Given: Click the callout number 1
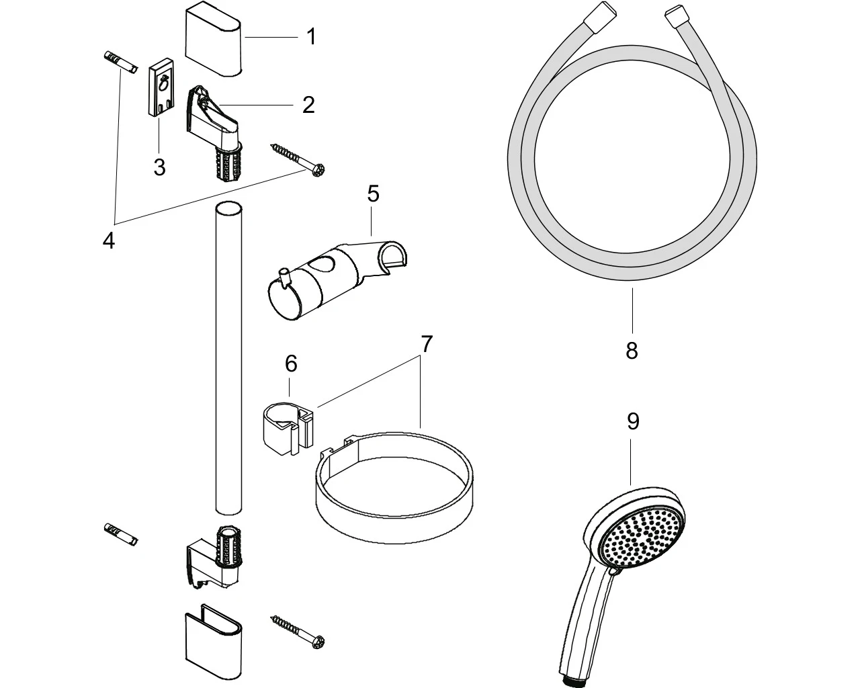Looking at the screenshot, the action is point(311,37).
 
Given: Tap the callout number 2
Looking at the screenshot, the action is point(308,105).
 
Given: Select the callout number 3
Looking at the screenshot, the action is point(159,167).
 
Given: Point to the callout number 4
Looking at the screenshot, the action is point(109,241).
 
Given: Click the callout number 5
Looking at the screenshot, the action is point(373,194).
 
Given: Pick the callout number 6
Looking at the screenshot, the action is point(291,363).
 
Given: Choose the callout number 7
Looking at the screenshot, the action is point(427,344).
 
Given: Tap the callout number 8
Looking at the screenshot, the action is point(632,350).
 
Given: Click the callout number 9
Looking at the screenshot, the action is point(633,421).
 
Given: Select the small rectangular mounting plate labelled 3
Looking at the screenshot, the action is point(162,87).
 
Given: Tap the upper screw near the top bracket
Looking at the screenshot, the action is point(298,160).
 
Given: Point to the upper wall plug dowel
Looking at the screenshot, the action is point(120,62).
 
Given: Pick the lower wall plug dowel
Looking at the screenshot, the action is point(121,534).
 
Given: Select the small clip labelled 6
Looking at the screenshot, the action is point(288,429).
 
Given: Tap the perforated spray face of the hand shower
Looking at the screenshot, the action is point(641,537).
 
